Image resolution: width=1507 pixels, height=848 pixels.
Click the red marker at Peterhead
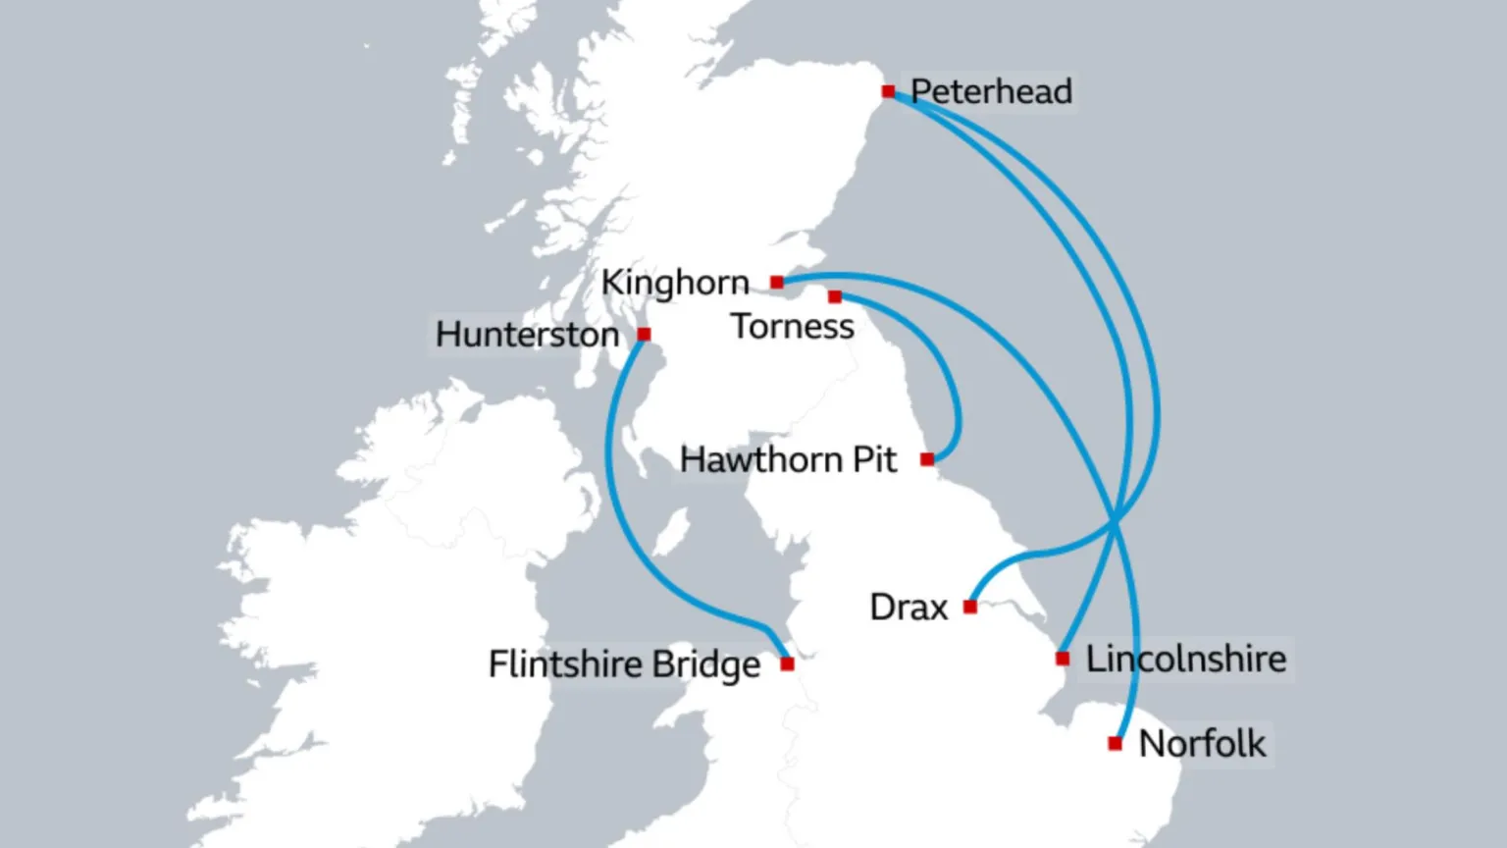coord(888,91)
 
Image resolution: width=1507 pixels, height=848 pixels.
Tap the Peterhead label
coord(991,91)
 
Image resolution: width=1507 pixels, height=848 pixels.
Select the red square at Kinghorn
coord(777,283)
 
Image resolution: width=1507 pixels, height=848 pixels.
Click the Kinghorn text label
coord(675,283)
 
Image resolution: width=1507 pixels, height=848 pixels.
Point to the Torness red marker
coord(835,296)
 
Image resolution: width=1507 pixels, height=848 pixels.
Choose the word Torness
coord(793,327)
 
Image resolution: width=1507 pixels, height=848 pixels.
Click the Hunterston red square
coord(644,335)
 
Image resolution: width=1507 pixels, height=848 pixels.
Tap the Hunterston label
coord(527,335)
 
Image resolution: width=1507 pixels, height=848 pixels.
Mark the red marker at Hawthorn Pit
coord(927,459)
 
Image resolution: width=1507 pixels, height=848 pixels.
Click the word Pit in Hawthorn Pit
coord(874,459)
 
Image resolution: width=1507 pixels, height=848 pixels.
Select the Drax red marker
coord(970,607)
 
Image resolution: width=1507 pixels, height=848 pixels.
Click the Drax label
coord(909,608)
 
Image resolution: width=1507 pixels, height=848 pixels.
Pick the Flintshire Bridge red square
coord(787,664)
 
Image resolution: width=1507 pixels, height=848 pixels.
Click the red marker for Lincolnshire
coord(1063,658)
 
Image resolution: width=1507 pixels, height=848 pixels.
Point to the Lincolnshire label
coord(1185,659)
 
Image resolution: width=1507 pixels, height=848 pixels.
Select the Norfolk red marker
coord(1115,744)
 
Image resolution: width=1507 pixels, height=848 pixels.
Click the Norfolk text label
coord(1202,744)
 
